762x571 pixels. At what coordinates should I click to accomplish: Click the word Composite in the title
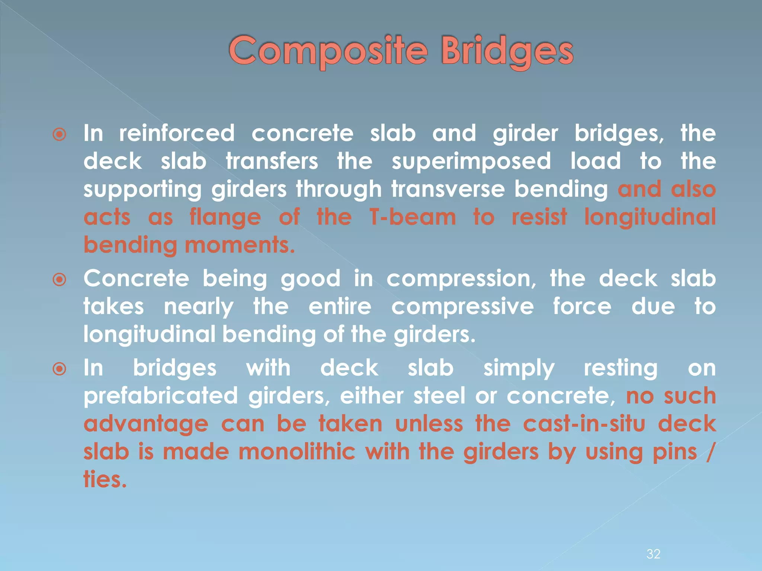(x=328, y=51)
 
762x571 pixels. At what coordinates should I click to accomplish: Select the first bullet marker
(x=60, y=134)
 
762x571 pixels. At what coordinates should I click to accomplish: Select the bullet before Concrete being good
(x=60, y=279)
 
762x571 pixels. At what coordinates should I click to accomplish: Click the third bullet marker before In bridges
(x=60, y=369)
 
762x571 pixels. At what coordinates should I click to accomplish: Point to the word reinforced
(x=177, y=133)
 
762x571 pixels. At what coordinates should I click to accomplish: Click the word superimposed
(x=471, y=161)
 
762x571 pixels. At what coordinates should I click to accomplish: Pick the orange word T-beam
(x=412, y=217)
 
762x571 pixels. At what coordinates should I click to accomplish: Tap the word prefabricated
(x=160, y=396)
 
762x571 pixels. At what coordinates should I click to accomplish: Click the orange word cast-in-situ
(x=583, y=423)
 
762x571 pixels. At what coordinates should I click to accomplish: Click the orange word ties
(x=105, y=479)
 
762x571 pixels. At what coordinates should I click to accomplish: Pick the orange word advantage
(x=146, y=424)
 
